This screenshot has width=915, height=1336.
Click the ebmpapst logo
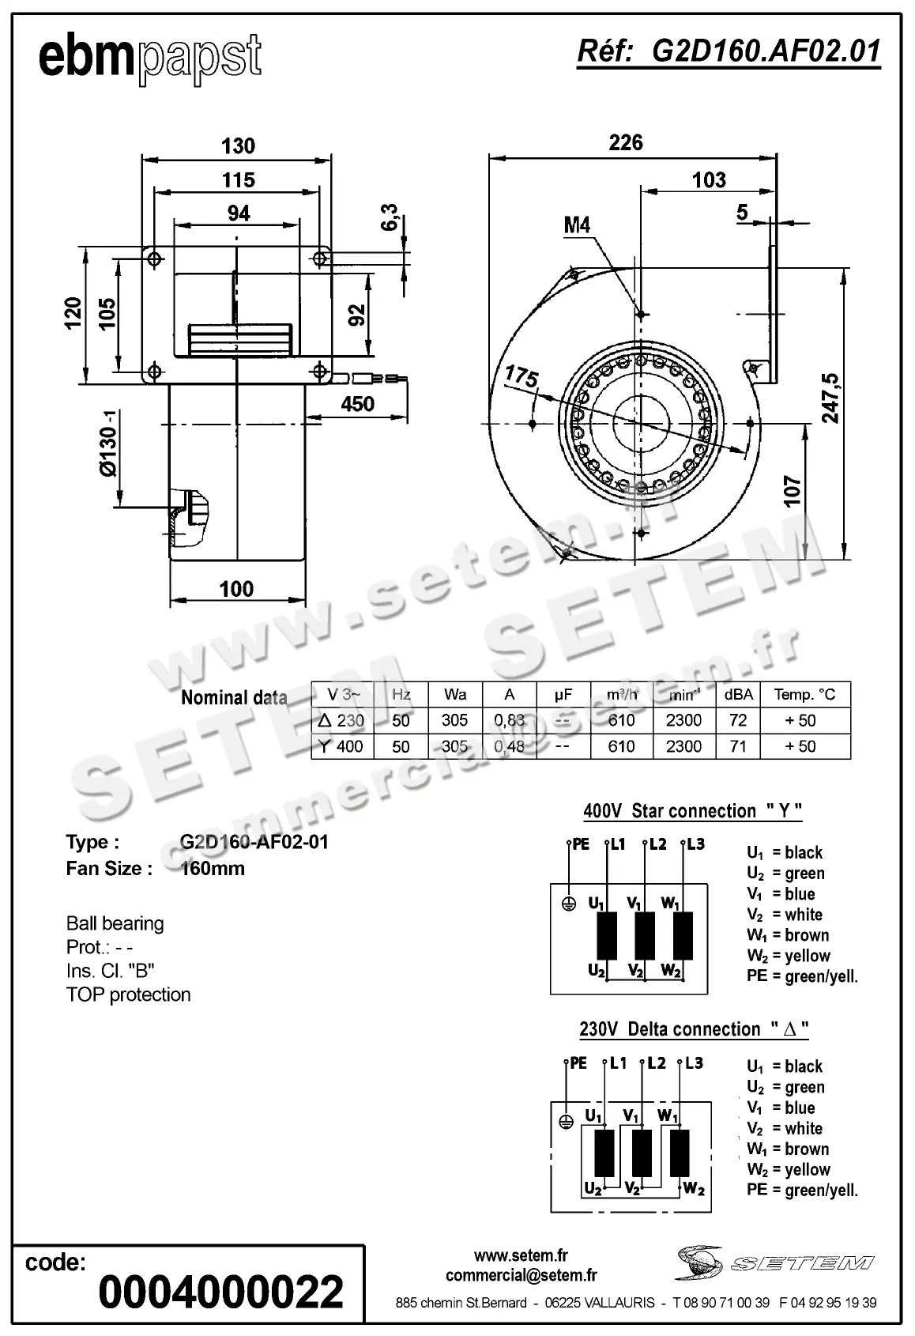(x=149, y=57)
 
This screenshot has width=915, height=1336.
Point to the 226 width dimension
(x=625, y=142)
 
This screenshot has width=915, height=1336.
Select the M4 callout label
(x=577, y=225)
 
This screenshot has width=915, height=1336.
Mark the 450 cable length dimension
(x=357, y=403)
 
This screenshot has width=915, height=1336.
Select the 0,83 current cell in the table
(x=509, y=720)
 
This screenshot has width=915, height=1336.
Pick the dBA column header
(x=738, y=694)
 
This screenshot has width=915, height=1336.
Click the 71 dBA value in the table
(x=738, y=746)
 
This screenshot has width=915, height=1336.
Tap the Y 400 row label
(x=341, y=746)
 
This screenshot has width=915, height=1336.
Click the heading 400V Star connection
(x=692, y=811)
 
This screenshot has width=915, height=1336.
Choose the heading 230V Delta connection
(x=694, y=1029)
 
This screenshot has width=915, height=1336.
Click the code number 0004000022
(x=220, y=1292)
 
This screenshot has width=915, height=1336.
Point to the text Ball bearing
(x=115, y=923)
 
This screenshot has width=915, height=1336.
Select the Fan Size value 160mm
(x=213, y=868)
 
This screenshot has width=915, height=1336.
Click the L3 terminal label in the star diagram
(x=695, y=844)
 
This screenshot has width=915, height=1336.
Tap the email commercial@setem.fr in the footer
(x=521, y=1274)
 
